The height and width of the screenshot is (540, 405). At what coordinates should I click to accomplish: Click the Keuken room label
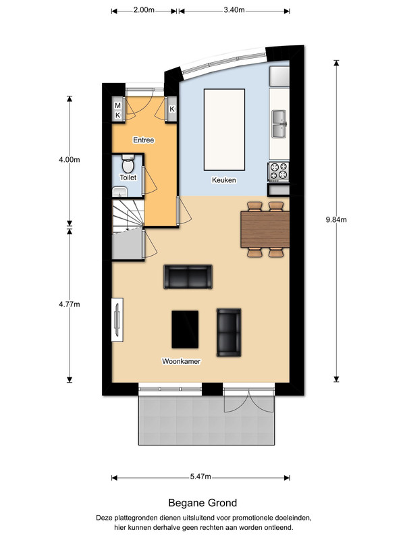(x=224, y=180)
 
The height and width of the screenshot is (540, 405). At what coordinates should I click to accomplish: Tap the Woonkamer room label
(x=182, y=361)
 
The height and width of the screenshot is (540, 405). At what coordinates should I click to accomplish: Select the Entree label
(x=144, y=140)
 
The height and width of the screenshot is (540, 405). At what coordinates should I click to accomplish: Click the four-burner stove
(x=278, y=171)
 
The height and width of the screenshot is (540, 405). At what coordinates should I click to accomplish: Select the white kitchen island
(x=221, y=129)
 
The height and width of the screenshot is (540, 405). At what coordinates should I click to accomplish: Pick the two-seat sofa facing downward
(x=188, y=277)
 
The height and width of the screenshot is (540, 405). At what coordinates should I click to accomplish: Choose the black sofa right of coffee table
(x=228, y=332)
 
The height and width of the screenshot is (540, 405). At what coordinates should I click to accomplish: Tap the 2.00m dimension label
(x=144, y=11)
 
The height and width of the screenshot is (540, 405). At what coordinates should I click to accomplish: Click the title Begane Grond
(x=202, y=503)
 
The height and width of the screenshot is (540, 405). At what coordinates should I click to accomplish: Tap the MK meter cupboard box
(x=117, y=110)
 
